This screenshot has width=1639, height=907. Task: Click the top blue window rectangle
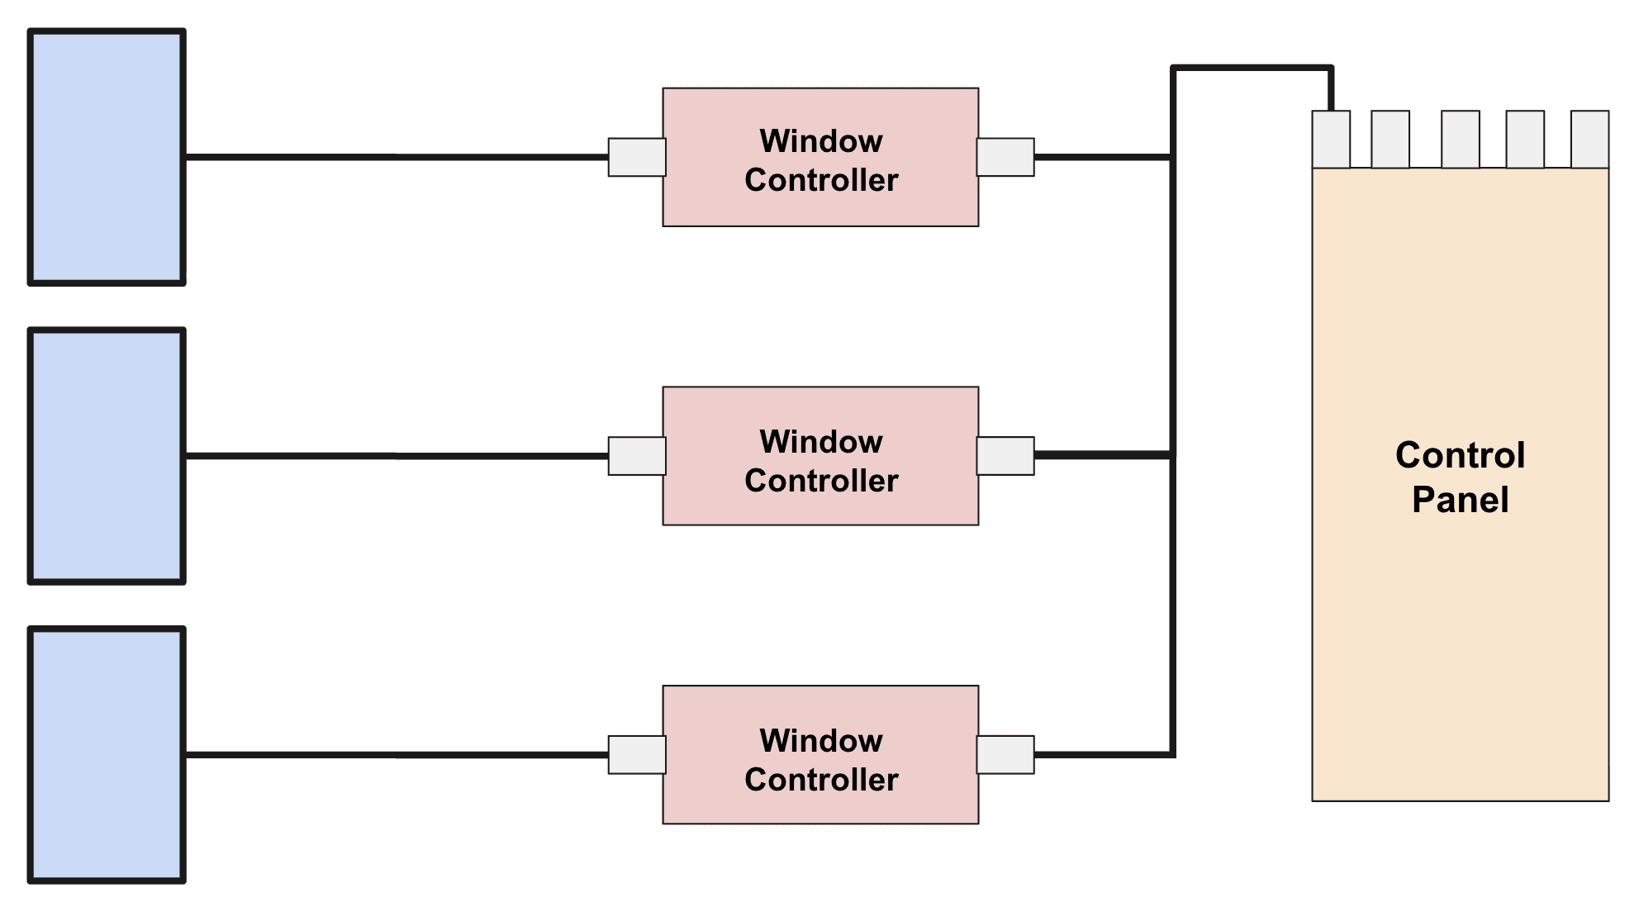[x=107, y=157]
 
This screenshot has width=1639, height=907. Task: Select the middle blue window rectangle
[x=107, y=456]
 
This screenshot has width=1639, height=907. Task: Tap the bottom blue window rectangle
[x=107, y=755]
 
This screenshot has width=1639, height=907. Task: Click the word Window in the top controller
[x=821, y=141]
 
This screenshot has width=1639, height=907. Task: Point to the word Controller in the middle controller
[x=821, y=481]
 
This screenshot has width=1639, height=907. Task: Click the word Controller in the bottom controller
[x=821, y=780]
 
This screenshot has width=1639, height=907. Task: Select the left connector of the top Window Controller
[x=637, y=157]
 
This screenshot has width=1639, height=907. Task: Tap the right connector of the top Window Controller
[x=1005, y=157]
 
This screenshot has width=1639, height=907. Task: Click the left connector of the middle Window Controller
[x=637, y=456]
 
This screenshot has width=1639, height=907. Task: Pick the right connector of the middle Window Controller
[x=1005, y=456]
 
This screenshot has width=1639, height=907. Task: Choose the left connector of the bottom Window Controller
[x=637, y=755]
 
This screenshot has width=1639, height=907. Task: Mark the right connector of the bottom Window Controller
[x=1005, y=755]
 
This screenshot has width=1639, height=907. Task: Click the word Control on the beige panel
[x=1460, y=455]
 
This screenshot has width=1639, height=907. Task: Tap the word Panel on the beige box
[x=1460, y=500]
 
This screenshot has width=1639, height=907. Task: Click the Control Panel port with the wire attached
[x=1331, y=140]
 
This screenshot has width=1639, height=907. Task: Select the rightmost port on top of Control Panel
[x=1589, y=140]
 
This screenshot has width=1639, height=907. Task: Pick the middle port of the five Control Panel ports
[x=1461, y=140]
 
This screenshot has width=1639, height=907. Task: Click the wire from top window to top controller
[x=397, y=157]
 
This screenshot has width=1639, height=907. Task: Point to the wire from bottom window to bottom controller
[x=397, y=755]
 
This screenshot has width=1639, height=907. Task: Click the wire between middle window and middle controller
[x=397, y=456]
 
